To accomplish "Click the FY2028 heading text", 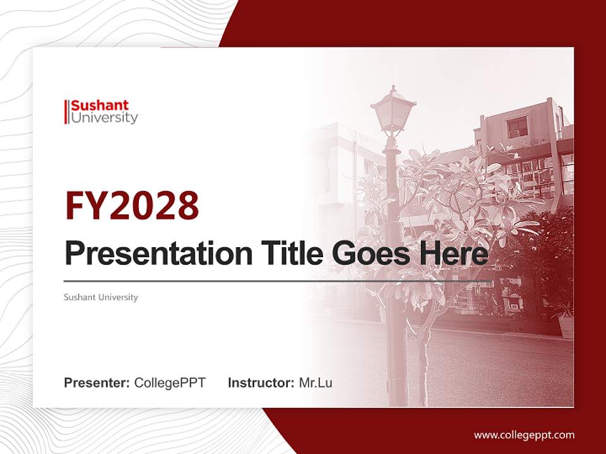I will pos(132,206).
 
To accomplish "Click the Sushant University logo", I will pos(101,112).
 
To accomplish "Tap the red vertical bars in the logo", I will pos(66,112).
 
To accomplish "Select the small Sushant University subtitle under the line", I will pos(101,297).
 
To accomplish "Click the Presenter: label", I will pos(97,383).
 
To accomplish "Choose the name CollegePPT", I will pos(170,383).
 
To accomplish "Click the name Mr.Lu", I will pos(315,383).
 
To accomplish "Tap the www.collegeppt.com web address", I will pos(524,434).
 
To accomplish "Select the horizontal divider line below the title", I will pos(278,281).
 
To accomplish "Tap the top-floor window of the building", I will pos(518,128).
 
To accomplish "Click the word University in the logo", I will pos(104,118).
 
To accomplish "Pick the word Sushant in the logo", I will pos(100,105).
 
